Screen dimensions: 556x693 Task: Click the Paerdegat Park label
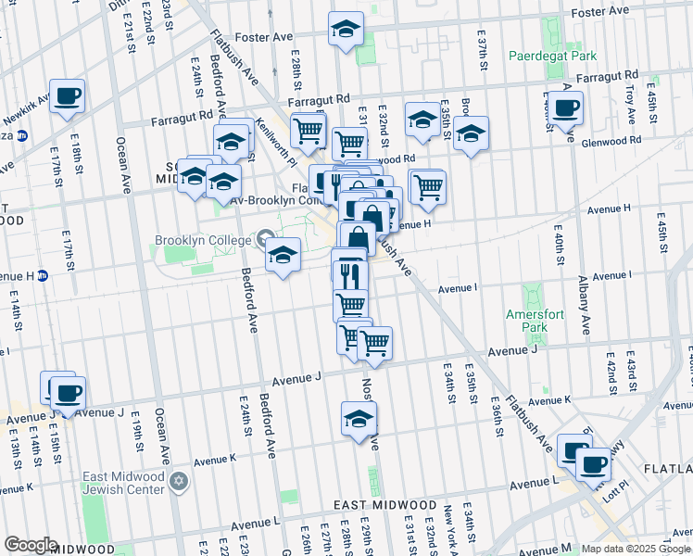pyautogui.click(x=552, y=56)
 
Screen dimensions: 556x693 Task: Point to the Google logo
pyautogui.click(x=30, y=545)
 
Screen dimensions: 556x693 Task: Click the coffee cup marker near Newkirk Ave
pyautogui.click(x=67, y=95)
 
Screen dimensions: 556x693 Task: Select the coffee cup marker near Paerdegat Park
pyautogui.click(x=564, y=107)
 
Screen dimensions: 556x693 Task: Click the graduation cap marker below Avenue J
pyautogui.click(x=359, y=418)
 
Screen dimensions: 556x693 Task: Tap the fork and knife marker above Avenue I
pyautogui.click(x=350, y=274)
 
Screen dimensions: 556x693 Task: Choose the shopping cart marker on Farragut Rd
pyautogui.click(x=309, y=129)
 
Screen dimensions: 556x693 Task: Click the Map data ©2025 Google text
pyautogui.click(x=635, y=549)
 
